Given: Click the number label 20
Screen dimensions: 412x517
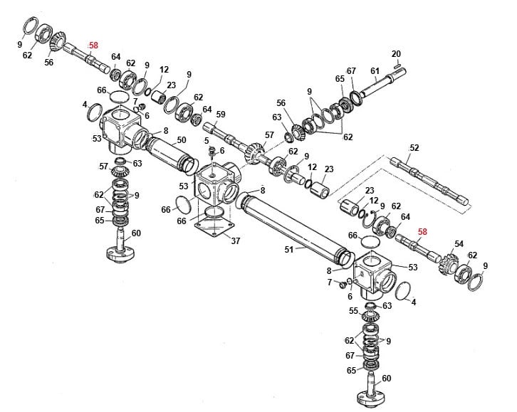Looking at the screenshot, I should (397, 54).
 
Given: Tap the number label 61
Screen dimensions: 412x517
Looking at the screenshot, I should (375, 70).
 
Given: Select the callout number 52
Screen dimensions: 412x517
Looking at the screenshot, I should (414, 149).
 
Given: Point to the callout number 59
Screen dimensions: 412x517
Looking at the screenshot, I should (220, 115).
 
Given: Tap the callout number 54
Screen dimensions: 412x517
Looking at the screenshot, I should (459, 244).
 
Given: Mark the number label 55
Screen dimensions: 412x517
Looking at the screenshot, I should (354, 311).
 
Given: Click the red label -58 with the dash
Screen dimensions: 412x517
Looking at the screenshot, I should (93, 46).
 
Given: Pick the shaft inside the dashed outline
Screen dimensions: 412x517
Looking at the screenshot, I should (427, 181).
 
